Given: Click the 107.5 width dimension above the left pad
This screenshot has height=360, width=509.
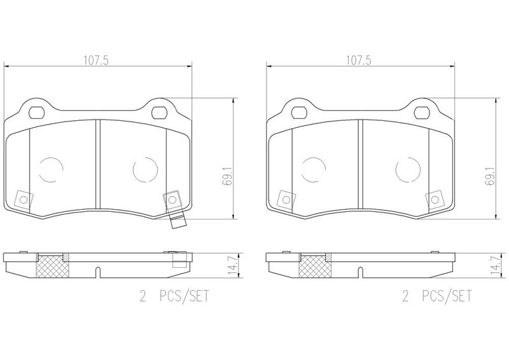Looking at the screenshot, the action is pos(96,60).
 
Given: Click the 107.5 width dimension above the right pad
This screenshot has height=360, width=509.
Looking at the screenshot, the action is pos(358,60).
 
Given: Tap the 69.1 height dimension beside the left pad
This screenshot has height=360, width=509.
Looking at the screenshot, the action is pos(228,176).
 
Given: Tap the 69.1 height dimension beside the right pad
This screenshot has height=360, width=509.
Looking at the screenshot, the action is pos(490,176).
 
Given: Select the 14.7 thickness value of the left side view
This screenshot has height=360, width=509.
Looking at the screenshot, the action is pos(233,265).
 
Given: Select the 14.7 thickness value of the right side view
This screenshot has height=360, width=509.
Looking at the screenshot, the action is pos(495,265).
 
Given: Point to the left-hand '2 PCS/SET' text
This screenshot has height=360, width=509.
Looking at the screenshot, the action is pos(174,296).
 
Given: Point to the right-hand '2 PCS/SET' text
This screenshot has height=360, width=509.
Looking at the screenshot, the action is pos(436,296).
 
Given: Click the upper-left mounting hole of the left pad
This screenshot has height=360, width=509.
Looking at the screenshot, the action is pos(36,113).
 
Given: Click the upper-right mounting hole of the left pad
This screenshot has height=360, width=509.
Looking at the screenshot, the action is pos(159,113).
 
